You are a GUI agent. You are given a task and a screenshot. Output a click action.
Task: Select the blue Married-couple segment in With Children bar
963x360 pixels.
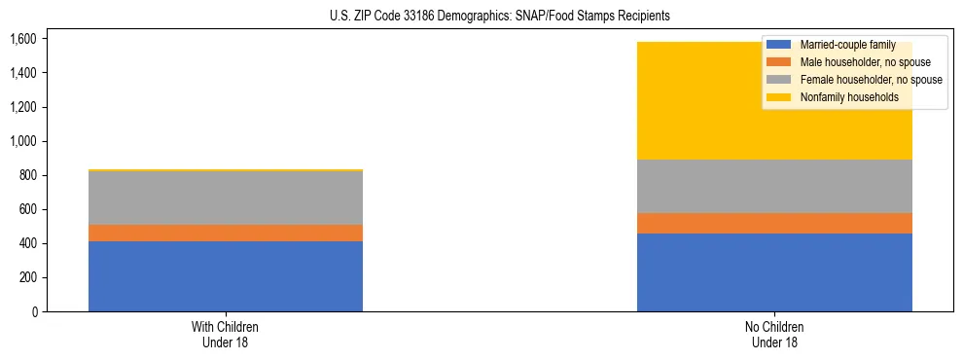tap(226, 276)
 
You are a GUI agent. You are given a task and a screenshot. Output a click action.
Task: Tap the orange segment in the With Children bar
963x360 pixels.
tap(226, 233)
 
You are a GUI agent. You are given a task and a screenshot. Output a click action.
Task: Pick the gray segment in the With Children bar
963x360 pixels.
tap(226, 198)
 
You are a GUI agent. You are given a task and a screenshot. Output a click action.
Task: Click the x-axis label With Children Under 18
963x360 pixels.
tap(226, 335)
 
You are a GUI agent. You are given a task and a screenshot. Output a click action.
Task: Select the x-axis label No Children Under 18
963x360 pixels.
tap(774, 335)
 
